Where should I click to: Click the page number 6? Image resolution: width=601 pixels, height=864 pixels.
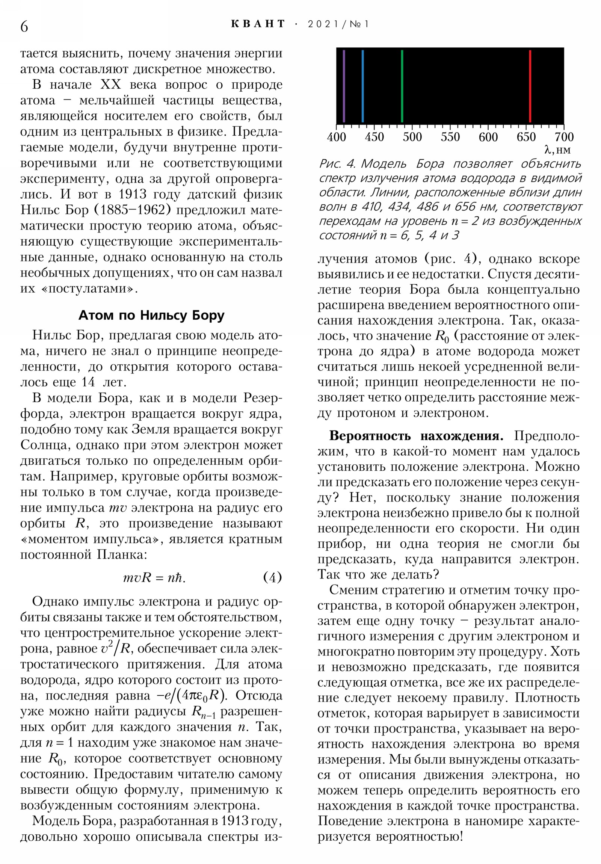(24, 26)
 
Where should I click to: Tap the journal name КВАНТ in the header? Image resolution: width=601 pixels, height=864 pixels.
(258, 24)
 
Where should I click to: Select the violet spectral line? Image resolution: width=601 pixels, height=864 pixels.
(344, 86)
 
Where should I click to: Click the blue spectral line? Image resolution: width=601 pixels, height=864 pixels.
(362, 86)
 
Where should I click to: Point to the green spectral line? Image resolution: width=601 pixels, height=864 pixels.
(402, 86)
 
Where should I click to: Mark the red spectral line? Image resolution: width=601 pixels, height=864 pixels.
(530, 86)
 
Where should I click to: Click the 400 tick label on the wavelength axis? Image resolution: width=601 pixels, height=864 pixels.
(336, 137)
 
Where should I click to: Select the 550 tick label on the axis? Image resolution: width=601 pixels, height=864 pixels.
(450, 137)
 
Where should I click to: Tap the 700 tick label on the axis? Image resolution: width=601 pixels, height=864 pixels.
(564, 137)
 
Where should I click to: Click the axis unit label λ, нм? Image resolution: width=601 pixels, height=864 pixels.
(557, 150)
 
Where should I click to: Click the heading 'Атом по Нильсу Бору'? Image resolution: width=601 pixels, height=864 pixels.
(151, 315)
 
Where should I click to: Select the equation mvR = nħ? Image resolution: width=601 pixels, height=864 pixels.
(154, 577)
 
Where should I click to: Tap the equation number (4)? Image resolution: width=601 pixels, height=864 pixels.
(272, 577)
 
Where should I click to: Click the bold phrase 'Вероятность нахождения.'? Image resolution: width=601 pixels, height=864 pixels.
(416, 436)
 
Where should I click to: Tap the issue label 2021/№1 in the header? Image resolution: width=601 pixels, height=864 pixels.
(338, 24)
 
